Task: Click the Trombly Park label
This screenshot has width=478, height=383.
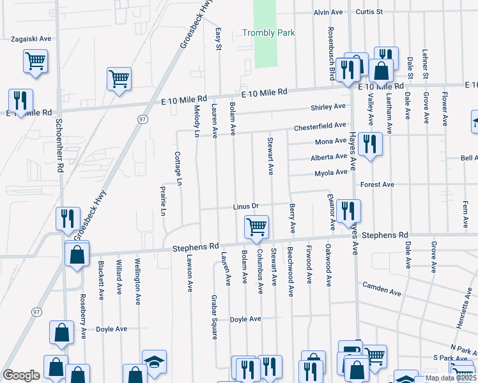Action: pos(268,33)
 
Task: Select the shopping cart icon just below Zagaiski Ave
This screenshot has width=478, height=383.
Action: pos(36,62)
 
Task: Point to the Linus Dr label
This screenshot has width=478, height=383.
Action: pos(245,206)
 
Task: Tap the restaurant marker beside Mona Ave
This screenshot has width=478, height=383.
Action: pos(369,145)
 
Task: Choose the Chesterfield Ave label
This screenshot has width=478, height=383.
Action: pos(320,127)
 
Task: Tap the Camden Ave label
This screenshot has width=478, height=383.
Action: pos(382,289)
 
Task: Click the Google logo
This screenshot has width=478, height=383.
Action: pos(21,375)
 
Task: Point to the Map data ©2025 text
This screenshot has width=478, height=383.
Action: pos(451,378)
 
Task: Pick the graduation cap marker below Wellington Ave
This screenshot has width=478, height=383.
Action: pos(154,361)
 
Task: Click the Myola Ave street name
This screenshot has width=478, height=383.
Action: pos(331,173)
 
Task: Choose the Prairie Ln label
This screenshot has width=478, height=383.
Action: pos(163,200)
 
